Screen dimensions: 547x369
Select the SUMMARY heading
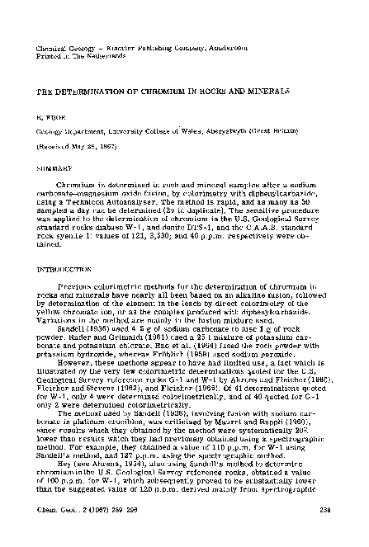(50, 165)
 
